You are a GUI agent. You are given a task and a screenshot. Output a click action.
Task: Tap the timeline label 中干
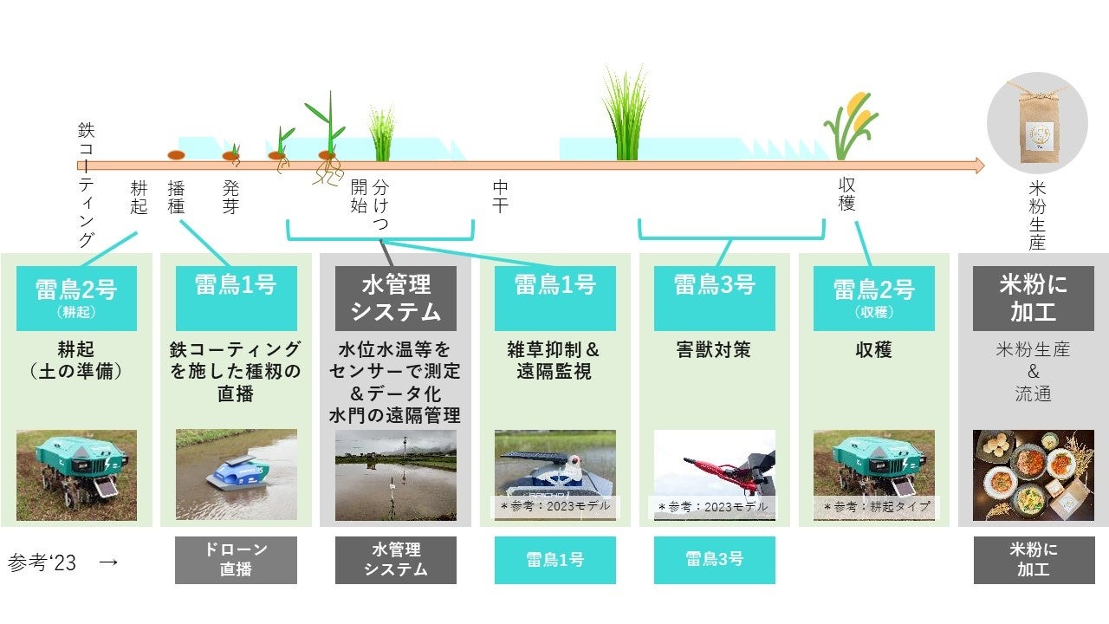pyautogui.click(x=500, y=197)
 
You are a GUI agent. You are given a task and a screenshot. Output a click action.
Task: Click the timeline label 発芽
pyautogui.click(x=230, y=197)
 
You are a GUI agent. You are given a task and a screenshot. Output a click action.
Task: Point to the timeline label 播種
pyautogui.click(x=176, y=197)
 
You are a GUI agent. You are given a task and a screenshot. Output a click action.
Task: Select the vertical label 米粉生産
pyautogui.click(x=1037, y=215)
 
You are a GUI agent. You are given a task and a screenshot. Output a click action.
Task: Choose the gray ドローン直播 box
pyautogui.click(x=236, y=560)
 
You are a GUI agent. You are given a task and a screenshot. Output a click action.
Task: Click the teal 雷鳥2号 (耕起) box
pyautogui.click(x=76, y=297)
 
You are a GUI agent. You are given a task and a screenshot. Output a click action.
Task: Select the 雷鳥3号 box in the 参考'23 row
pyautogui.click(x=714, y=560)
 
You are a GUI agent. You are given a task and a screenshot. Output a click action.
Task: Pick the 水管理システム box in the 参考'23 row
pyautogui.click(x=395, y=560)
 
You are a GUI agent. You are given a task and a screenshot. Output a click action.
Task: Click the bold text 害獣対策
pyautogui.click(x=714, y=350)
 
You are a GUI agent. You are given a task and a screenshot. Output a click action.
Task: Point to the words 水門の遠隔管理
pyautogui.click(x=395, y=415)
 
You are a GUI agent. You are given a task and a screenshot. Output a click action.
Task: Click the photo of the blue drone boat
pyautogui.click(x=236, y=474)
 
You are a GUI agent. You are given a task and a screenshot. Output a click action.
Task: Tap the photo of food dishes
pyautogui.click(x=1033, y=474)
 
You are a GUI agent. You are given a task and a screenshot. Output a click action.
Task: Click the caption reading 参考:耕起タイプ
pyautogui.click(x=873, y=506)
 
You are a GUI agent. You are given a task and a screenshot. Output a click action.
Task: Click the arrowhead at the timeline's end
pyautogui.click(x=979, y=166)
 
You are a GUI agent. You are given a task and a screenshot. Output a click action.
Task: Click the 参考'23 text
pyautogui.click(x=42, y=562)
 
